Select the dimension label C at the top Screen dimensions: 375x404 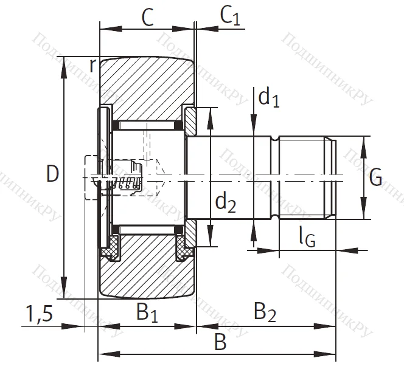tap(147, 18)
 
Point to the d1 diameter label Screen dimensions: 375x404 tap(268, 97)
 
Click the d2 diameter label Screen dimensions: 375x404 tap(226, 204)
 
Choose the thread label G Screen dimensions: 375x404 tap(375, 177)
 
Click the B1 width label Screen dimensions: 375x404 tap(147, 314)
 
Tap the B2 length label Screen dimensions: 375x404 tap(265, 314)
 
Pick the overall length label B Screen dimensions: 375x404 tap(220, 343)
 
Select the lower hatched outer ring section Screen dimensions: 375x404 tap(146, 274)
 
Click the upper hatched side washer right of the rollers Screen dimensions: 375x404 tap(190, 122)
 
